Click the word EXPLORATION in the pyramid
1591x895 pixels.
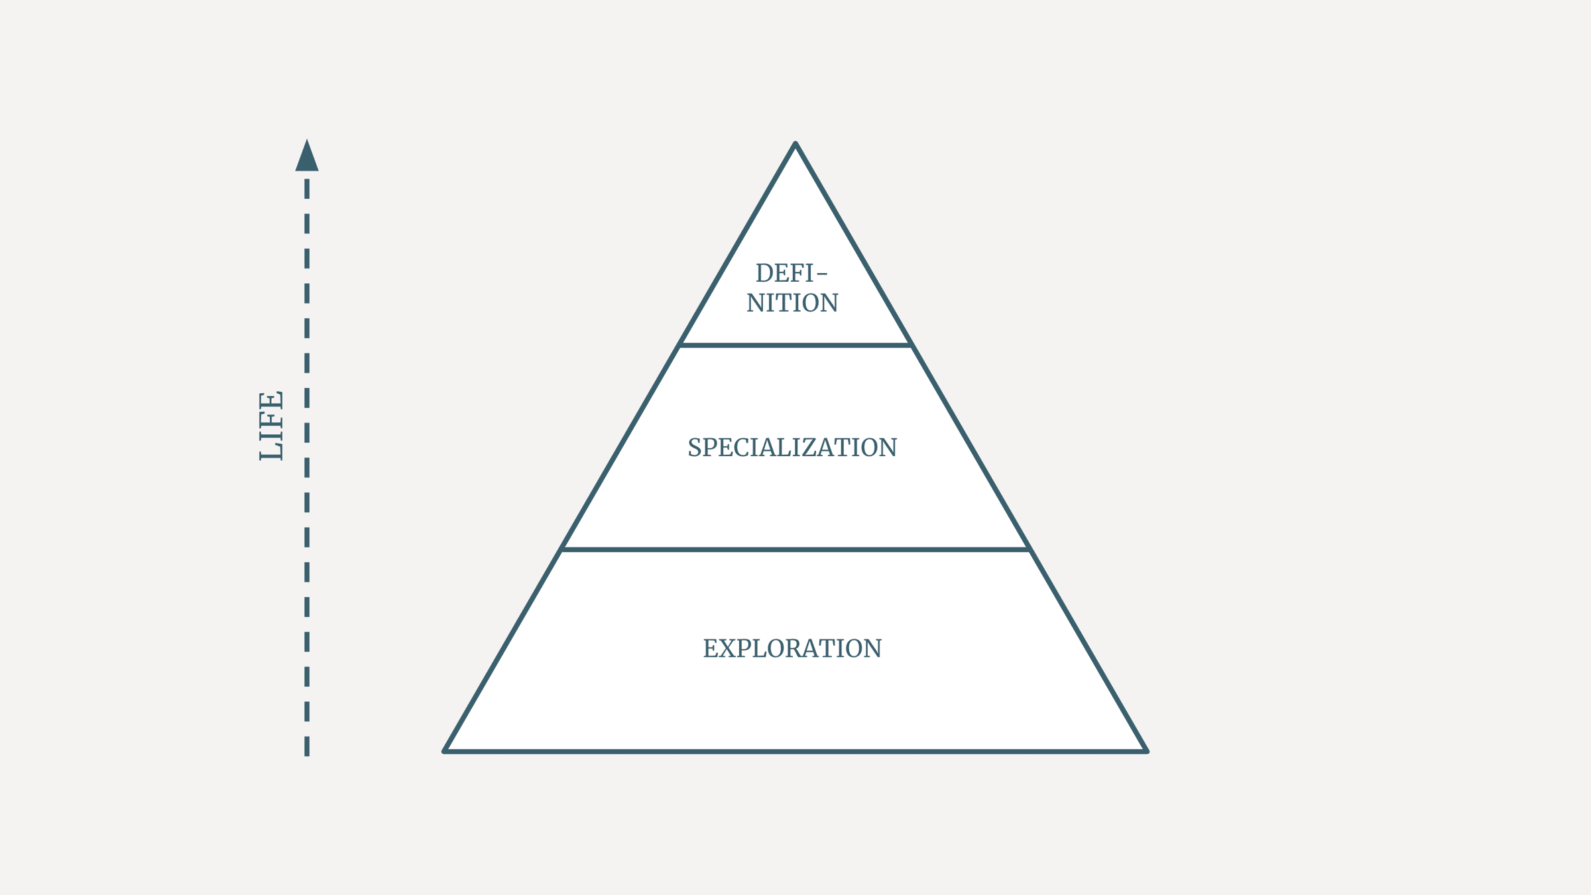792,648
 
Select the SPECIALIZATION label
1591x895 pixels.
792,447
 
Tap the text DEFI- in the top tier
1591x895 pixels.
792,273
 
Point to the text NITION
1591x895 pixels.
792,303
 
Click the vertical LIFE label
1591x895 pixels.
271,426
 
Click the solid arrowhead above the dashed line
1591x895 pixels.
307,156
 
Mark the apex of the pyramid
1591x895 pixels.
795,143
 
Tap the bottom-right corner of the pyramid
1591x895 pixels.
1146,751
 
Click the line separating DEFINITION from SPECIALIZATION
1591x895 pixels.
795,345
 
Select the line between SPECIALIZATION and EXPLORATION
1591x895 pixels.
795,549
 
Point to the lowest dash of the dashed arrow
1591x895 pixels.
307,746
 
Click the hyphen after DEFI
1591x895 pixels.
822,273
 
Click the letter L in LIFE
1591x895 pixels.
271,451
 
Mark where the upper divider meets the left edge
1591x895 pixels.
680,345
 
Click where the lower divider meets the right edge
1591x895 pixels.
1030,549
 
